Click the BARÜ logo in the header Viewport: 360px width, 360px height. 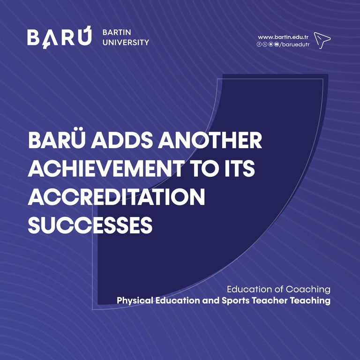pyautogui.click(x=59, y=37)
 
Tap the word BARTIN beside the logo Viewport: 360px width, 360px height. pyautogui.click(x=117, y=32)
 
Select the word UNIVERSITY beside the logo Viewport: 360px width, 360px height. pyautogui.click(x=126, y=43)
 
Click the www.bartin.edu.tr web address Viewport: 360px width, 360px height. pyautogui.click(x=283, y=37)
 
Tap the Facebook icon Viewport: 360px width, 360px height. pyautogui.click(x=259, y=45)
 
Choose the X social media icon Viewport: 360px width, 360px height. pyautogui.click(x=265, y=45)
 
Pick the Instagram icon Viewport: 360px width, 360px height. pyautogui.click(x=270, y=45)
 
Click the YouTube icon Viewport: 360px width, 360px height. pyautogui.click(x=277, y=45)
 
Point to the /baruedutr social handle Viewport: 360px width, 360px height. pyautogui.click(x=294, y=45)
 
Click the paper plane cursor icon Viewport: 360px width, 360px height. pyautogui.click(x=322, y=40)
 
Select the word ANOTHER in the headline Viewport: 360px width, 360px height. pyautogui.click(x=210, y=140)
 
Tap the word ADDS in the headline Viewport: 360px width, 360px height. pyautogui.click(x=122, y=140)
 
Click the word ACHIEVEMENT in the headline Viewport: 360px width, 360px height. pyautogui.click(x=106, y=168)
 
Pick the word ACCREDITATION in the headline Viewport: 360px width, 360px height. pyautogui.click(x=116, y=196)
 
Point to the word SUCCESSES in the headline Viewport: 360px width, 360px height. pyautogui.click(x=90, y=225)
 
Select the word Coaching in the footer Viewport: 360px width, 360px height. pyautogui.click(x=308, y=290)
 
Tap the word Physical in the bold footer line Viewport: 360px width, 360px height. pyautogui.click(x=135, y=301)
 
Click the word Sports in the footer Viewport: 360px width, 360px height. pyautogui.click(x=235, y=301)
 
